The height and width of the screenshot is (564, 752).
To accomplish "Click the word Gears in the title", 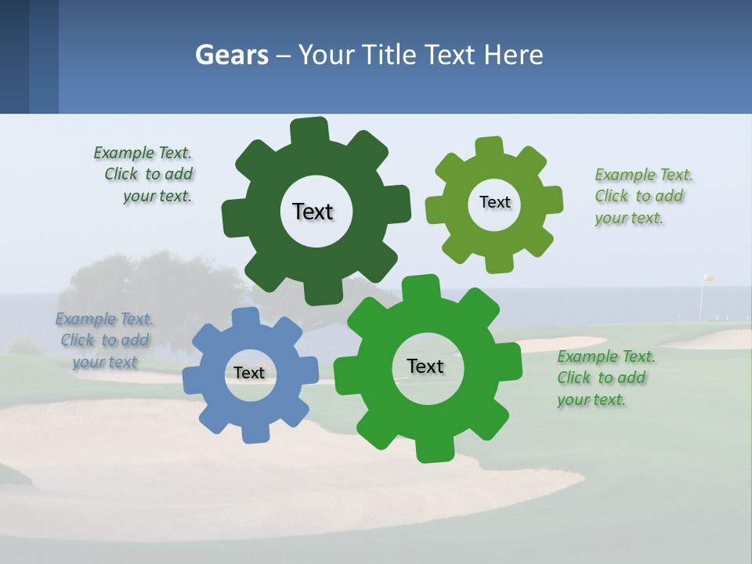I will coord(232,56).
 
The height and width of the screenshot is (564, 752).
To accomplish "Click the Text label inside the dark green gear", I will coord(313,211).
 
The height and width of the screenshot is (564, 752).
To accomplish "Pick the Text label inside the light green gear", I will coord(494,202).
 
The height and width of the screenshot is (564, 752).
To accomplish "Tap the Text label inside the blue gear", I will coord(249,373).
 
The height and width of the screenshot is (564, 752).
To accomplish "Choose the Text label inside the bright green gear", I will coord(425,366).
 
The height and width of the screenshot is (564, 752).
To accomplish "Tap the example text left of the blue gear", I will coord(104,341).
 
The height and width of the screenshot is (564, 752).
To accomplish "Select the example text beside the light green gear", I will coord(642,197).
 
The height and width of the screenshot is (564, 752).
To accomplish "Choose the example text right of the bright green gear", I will coord(605,378).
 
